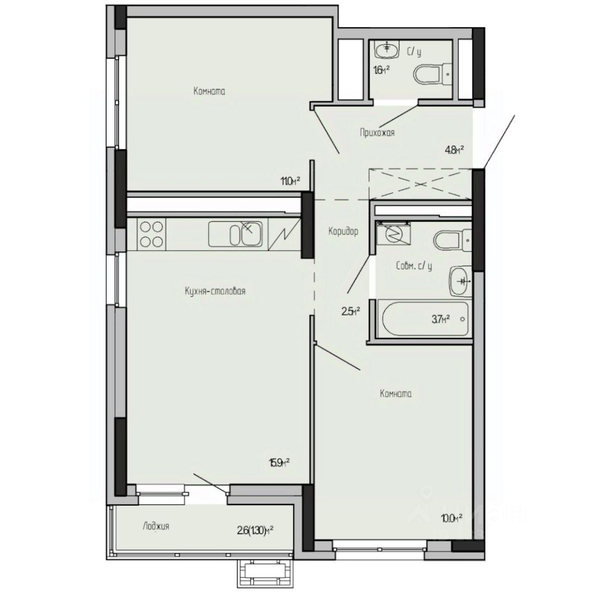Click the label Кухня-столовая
pos(215,291)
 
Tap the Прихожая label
pos(377,132)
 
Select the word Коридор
pos(343,231)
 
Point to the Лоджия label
pos(155,526)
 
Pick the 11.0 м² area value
pos(290,181)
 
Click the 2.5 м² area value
pos(350,311)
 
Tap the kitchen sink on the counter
pos(236,234)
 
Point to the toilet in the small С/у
pos(432,75)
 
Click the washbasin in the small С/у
pos(388,47)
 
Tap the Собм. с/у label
pos(414,267)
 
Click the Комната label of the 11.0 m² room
pos(209,91)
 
